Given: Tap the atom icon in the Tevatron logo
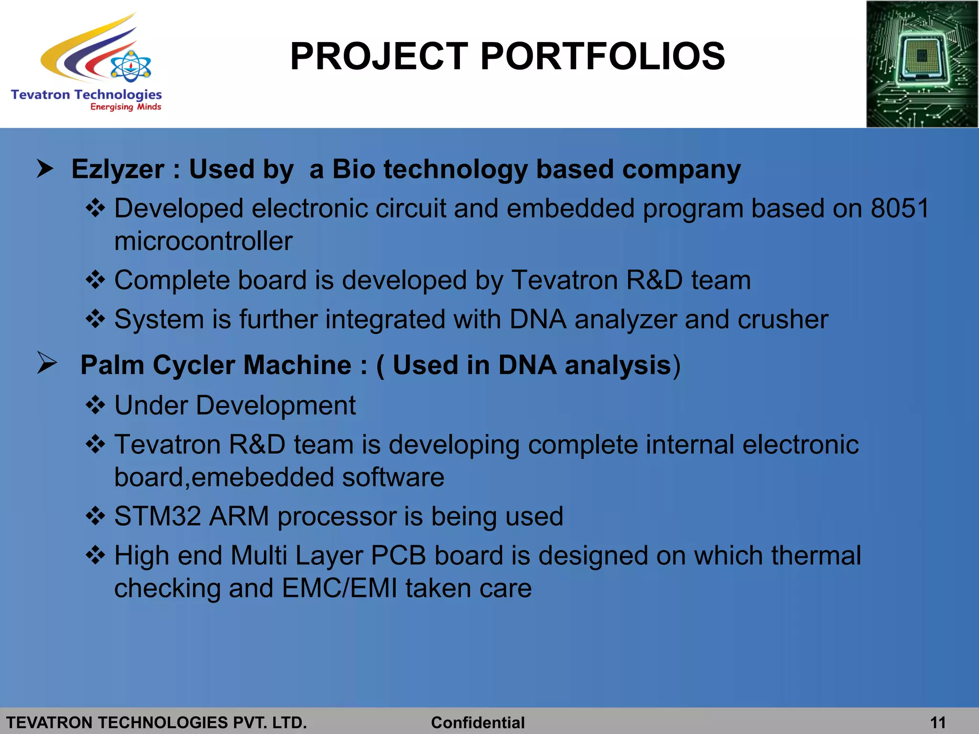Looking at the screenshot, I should pyautogui.click(x=131, y=66).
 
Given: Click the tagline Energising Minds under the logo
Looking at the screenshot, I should pyautogui.click(x=126, y=107).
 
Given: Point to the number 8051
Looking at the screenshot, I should pyautogui.click(x=900, y=208).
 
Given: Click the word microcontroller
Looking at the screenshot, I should pyautogui.click(x=203, y=241).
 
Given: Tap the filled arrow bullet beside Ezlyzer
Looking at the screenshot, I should pyautogui.click(x=45, y=169).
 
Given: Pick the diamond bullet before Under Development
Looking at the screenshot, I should pyautogui.click(x=96, y=405).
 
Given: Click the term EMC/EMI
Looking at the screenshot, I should pyautogui.click(x=339, y=588).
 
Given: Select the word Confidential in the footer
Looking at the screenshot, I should pyautogui.click(x=478, y=722).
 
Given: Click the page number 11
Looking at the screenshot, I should pyautogui.click(x=938, y=722).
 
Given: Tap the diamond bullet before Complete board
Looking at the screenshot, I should pyautogui.click(x=96, y=280).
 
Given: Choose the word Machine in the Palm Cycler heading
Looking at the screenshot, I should pyautogui.click(x=297, y=365).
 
